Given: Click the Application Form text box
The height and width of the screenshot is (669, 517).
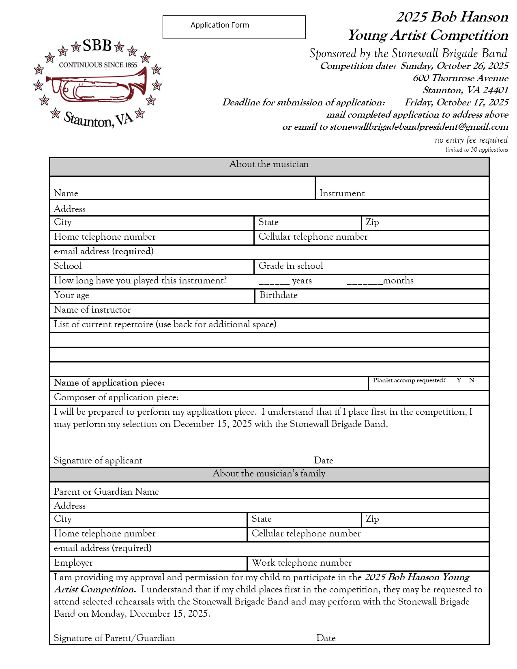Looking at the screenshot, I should (x=234, y=27).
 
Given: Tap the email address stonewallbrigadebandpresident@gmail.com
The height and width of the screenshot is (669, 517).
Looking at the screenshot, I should (x=419, y=127).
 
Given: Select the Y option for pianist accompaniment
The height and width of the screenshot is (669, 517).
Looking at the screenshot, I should (x=459, y=380).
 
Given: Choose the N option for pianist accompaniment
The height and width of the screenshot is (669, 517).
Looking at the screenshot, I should (x=472, y=380).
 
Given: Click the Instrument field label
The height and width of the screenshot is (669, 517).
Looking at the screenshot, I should (x=342, y=193).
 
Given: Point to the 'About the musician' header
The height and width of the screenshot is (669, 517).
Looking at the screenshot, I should (x=269, y=164).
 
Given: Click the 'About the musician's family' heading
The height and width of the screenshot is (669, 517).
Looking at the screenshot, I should (x=269, y=474).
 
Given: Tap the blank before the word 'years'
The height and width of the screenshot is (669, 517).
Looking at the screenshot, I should (x=274, y=281).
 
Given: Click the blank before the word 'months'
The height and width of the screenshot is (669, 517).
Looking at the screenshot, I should (x=365, y=281).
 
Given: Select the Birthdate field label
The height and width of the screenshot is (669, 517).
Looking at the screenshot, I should (x=278, y=295).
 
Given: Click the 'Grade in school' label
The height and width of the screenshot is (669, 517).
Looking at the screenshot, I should (x=291, y=266).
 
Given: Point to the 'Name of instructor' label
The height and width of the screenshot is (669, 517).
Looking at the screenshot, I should (x=92, y=310).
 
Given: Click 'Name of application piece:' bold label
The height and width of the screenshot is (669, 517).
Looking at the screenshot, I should (x=109, y=383).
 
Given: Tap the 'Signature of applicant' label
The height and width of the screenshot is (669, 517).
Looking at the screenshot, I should (x=98, y=461).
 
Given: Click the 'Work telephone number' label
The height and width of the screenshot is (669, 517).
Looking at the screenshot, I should (x=302, y=563).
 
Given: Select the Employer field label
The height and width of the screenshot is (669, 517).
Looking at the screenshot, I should (x=73, y=563).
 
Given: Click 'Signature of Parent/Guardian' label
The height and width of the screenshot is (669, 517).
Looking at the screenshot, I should (x=114, y=638).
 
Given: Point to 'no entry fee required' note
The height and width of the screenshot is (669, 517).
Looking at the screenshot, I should (x=471, y=140).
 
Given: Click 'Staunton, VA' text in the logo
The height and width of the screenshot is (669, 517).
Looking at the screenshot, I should (x=99, y=120).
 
